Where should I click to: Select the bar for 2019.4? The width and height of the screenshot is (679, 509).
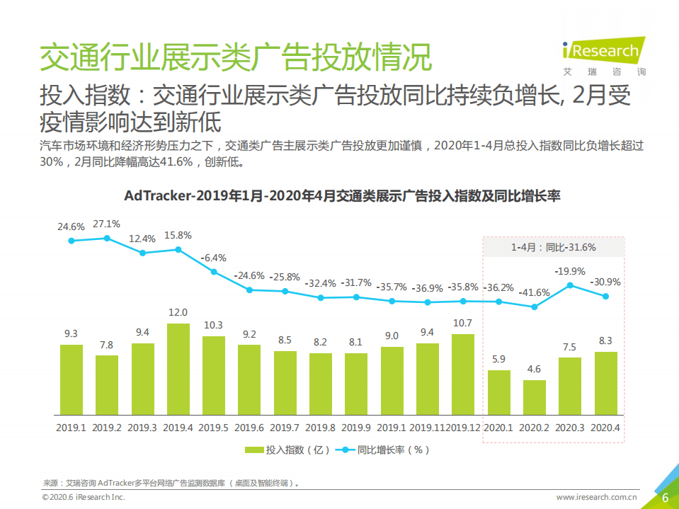pyautogui.click(x=178, y=369)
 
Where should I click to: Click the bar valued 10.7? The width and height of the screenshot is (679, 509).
pyautogui.click(x=462, y=374)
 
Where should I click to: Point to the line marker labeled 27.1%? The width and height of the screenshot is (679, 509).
pyautogui.click(x=107, y=239)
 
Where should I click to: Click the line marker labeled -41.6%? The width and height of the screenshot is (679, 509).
pyautogui.click(x=535, y=307)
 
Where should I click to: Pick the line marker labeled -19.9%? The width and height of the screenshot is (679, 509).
pyautogui.click(x=570, y=285)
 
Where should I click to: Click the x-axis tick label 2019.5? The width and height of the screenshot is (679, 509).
pyautogui.click(x=213, y=428)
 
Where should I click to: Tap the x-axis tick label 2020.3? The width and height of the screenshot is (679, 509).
pyautogui.click(x=570, y=428)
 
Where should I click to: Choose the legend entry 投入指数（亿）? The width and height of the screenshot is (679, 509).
pyautogui.click(x=286, y=450)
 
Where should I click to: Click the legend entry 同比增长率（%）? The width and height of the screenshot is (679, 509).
pyautogui.click(x=382, y=450)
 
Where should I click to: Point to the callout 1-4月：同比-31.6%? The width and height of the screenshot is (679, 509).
pyautogui.click(x=553, y=247)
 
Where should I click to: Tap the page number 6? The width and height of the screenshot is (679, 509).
pyautogui.click(x=665, y=498)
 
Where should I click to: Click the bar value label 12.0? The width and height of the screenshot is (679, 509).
pyautogui.click(x=178, y=312)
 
